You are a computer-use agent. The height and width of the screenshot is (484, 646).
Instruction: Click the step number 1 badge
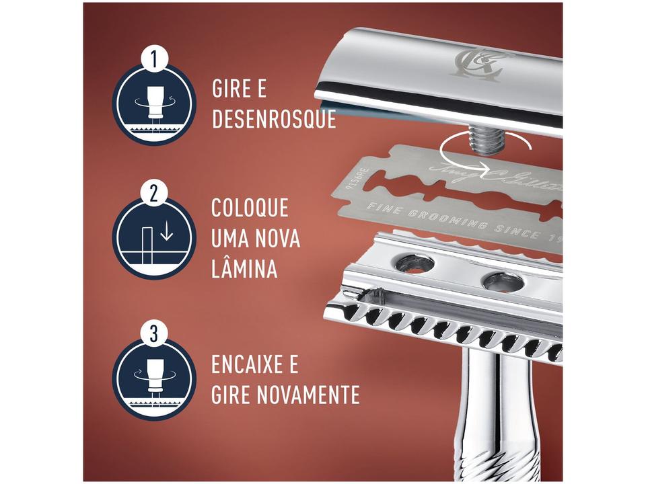click(x=154, y=59)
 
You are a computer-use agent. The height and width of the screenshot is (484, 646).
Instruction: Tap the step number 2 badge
click(x=154, y=194)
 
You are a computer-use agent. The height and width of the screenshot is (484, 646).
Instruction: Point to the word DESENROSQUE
click(x=273, y=119)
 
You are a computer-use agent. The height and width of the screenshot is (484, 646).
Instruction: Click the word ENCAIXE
click(x=245, y=366)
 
